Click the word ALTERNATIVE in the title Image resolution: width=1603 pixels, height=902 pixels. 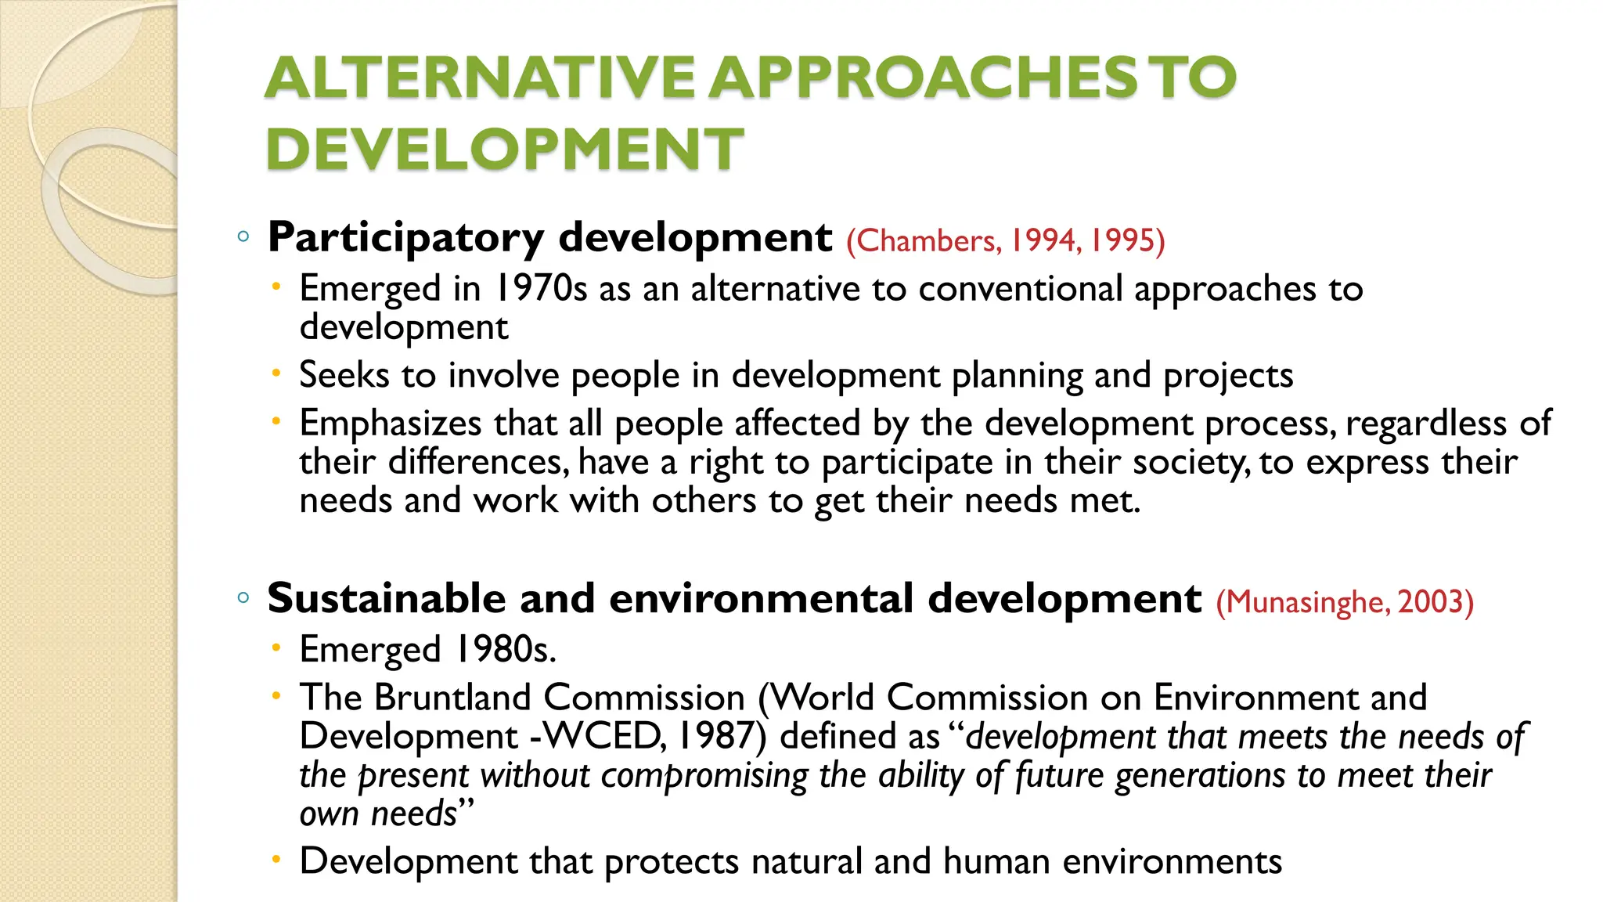coord(479,78)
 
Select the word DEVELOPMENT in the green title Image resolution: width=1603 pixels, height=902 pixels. coord(504,149)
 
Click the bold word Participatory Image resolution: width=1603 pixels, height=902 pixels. coord(405,237)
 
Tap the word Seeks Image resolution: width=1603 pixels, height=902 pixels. coord(344,375)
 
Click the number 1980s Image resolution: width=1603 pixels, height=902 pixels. coord(506,649)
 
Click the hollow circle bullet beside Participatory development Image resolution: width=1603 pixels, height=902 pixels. coord(243,236)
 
